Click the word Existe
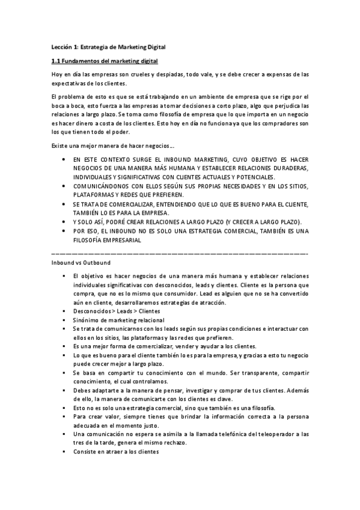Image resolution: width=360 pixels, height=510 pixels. [60, 146]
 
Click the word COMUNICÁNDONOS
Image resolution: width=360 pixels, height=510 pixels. [103, 187]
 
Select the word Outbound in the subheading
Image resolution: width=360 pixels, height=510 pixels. [95, 263]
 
